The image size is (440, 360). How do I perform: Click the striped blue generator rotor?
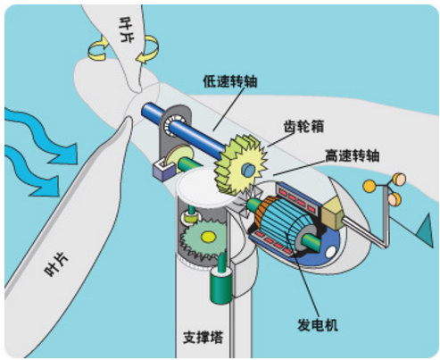coord(285,223)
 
